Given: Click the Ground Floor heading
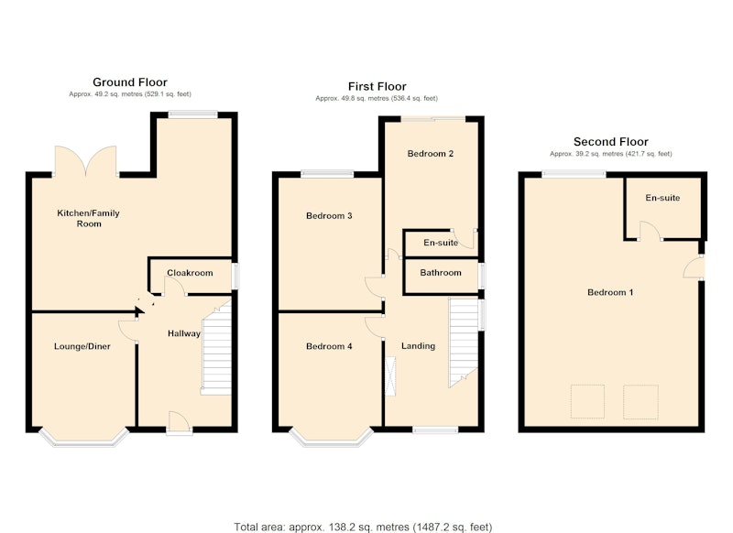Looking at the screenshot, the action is pos(130,82).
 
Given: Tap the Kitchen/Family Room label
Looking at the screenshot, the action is pos(88,218).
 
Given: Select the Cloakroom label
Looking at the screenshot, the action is pos(190,273).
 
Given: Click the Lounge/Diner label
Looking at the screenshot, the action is pos(82,346).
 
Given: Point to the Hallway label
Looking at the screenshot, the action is pos(184,333).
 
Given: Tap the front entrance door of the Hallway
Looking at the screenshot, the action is pos(180,422).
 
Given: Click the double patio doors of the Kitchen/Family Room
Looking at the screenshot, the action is pos(85,161).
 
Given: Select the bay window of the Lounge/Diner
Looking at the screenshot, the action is pos(84,439).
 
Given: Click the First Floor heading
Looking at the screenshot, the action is pos(377,86).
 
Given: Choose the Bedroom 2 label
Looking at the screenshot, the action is pos(431,154).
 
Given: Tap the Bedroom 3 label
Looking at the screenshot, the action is pos(329,216).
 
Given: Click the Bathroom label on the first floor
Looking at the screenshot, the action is pos(441,273).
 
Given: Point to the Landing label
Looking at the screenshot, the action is pos(419,346).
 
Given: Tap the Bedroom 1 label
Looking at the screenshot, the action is pos(610,292).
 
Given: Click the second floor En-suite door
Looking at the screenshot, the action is pos(649,231).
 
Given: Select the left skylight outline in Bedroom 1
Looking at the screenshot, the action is pos(587,402).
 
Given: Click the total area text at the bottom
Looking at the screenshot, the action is pos(363,527).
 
